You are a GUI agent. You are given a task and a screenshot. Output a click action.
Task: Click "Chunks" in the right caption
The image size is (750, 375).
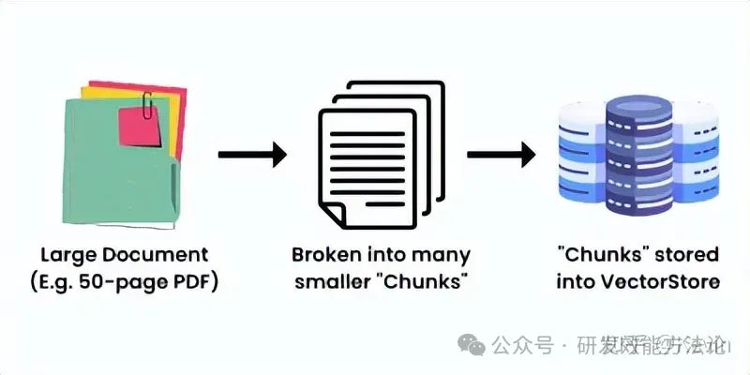pos(597,255)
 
